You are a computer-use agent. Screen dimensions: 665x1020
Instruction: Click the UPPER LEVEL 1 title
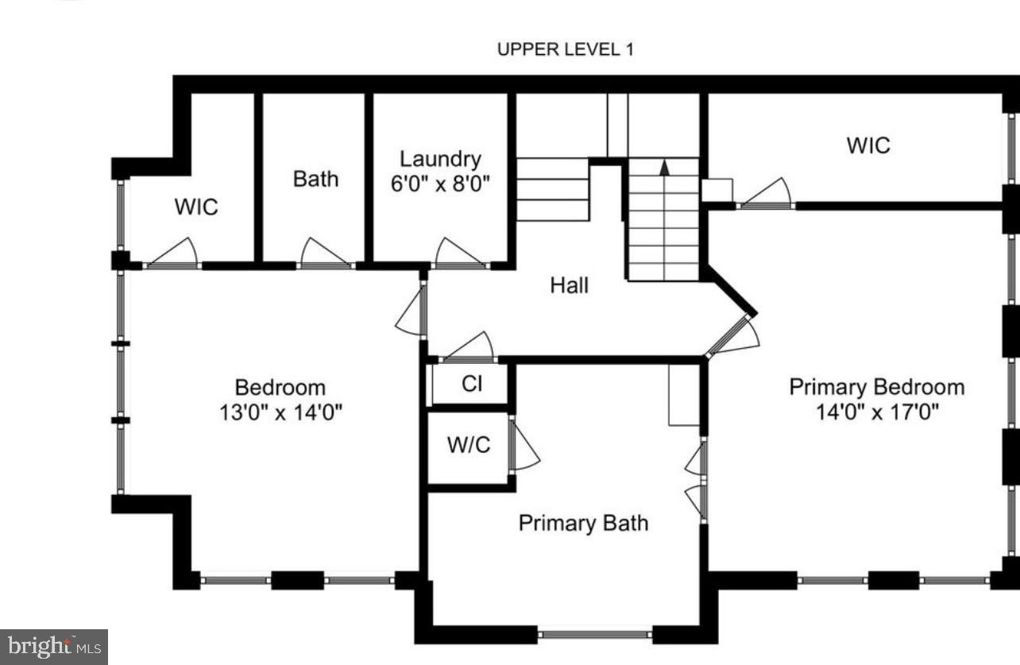pos(565,49)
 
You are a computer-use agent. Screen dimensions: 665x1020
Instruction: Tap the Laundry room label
pos(439,159)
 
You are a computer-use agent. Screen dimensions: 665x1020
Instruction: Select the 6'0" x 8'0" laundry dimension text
pos(439,184)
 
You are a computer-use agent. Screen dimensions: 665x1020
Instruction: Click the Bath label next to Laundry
pos(315,179)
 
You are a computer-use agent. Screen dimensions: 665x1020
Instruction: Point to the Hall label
pos(570,285)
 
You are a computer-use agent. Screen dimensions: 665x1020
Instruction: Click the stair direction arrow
pos(665,167)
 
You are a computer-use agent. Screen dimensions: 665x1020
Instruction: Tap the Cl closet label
pos(472,384)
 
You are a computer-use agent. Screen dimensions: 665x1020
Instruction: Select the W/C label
pos(469,445)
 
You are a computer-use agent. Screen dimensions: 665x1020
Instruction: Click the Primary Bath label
pos(583,523)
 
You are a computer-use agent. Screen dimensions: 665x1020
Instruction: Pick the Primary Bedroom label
pos(876,387)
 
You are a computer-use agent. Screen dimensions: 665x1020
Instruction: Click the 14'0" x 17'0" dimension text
pos(876,412)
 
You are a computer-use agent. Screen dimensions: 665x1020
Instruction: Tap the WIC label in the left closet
pos(196,207)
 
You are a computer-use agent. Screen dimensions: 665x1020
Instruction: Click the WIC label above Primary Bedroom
pos(868,145)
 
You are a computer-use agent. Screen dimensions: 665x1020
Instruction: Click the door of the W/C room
pos(523,447)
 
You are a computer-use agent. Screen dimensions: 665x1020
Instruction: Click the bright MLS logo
pos(53,647)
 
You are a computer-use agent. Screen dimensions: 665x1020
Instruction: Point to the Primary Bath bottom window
pos(594,634)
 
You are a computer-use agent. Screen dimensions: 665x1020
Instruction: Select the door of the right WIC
pos(766,194)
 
